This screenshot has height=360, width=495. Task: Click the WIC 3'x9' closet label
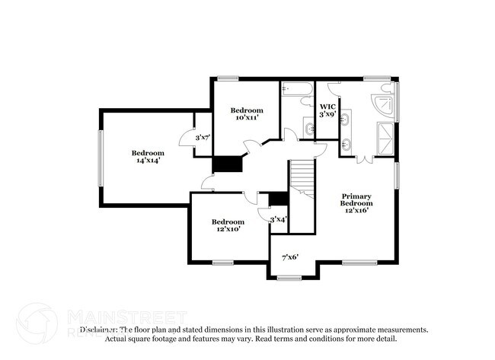tap(327, 110)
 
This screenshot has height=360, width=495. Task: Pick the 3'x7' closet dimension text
tap(203, 137)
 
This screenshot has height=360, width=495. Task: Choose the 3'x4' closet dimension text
tap(278, 219)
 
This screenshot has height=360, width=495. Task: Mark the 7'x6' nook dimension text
tap(290, 256)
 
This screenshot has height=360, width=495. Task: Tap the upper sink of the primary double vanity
tap(345, 119)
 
